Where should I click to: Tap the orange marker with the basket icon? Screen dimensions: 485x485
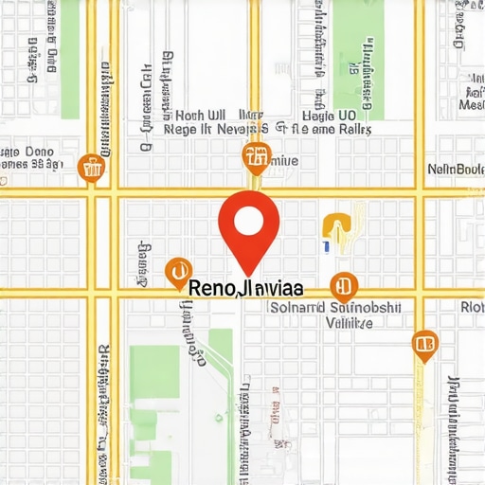(92, 169)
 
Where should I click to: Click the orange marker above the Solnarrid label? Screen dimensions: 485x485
(343, 285)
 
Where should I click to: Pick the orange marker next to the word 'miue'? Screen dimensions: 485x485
(256, 158)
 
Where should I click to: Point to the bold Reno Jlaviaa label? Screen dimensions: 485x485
(245, 287)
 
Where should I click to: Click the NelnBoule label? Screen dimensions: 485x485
(456, 170)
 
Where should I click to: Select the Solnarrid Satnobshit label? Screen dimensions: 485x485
(336, 308)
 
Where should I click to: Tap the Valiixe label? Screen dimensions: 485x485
(348, 322)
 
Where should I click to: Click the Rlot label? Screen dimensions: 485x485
(471, 307)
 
